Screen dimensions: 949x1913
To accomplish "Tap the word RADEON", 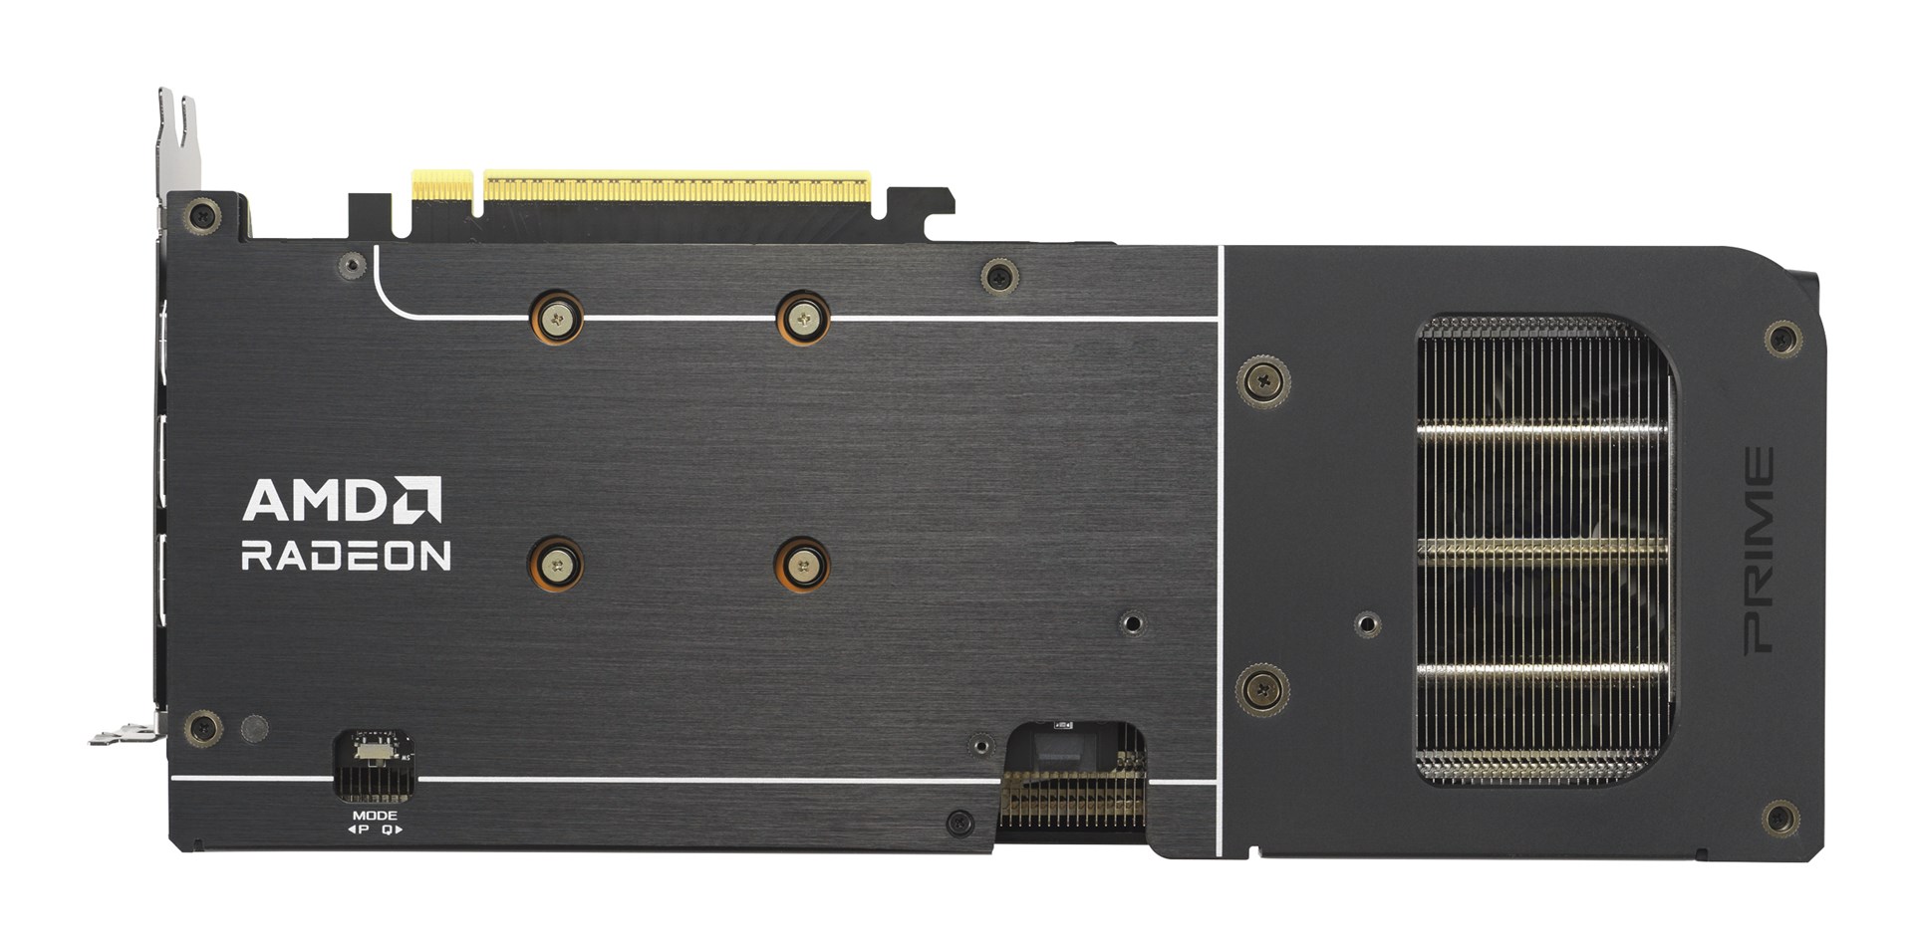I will click(346, 556).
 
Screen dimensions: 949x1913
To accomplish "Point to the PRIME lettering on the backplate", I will click(1759, 551).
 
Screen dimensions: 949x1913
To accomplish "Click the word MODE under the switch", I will click(375, 816).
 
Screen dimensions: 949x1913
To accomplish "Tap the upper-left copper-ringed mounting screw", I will click(556, 319).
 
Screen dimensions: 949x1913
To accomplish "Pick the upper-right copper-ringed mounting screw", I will click(803, 319).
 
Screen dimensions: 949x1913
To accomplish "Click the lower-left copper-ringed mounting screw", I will click(556, 566).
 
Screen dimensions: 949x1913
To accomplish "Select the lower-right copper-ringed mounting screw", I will click(803, 566).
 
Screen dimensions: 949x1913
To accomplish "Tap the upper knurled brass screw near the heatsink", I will click(1263, 381).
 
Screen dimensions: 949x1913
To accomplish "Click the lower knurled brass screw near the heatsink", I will click(1262, 689).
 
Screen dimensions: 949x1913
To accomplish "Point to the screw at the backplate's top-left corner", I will click(203, 214).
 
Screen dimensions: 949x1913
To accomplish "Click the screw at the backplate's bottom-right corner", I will click(1780, 819).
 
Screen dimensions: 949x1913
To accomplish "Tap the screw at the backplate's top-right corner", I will click(1782, 339).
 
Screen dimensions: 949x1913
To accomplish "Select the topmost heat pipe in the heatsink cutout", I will click(1542, 430).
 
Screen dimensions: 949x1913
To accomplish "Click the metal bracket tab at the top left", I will click(178, 139).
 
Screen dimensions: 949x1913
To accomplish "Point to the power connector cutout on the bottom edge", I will click(1074, 782).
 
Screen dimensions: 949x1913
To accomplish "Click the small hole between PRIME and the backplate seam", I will click(1368, 624).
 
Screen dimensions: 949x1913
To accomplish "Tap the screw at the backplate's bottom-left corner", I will click(203, 728).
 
